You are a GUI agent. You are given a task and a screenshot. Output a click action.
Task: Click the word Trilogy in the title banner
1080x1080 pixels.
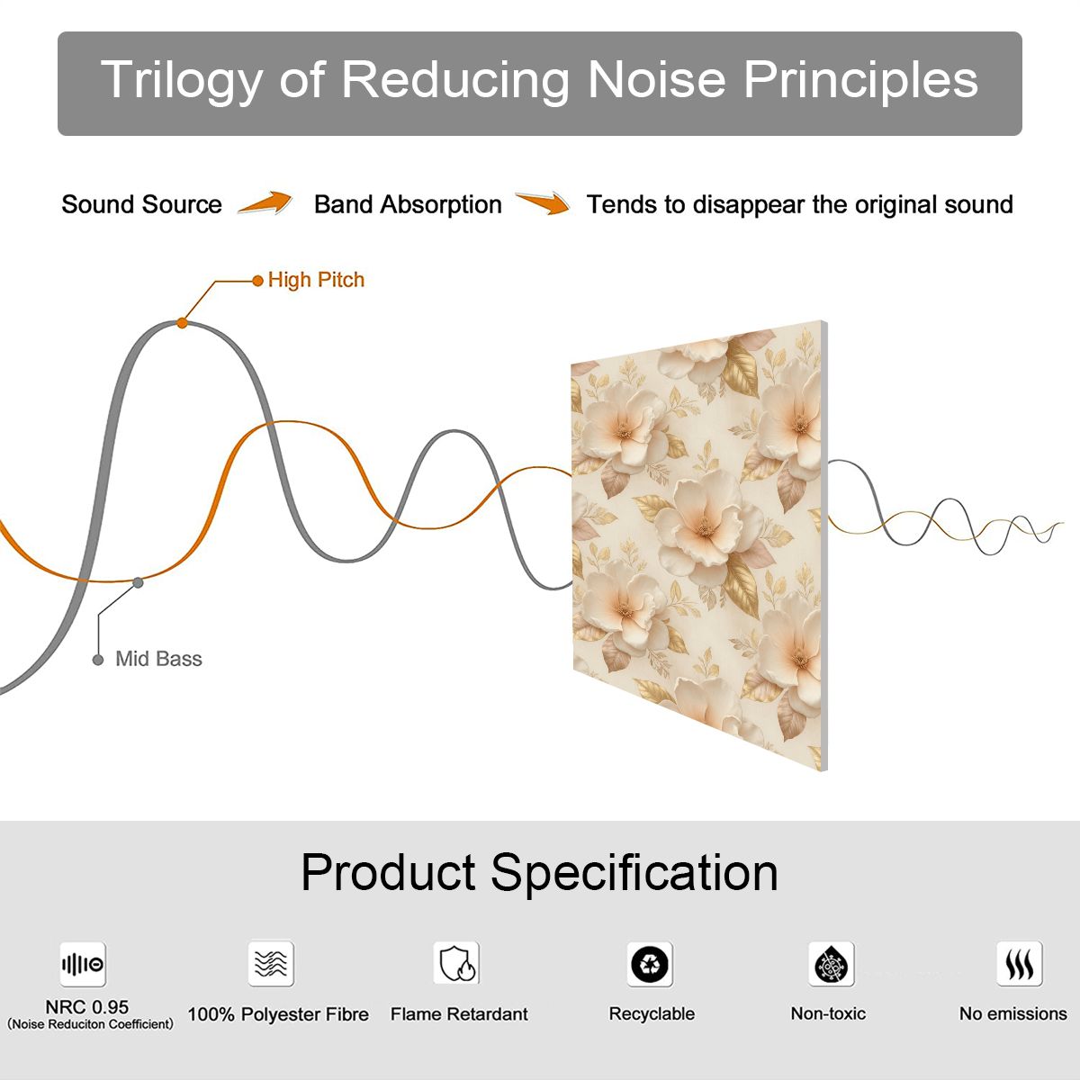tap(181, 81)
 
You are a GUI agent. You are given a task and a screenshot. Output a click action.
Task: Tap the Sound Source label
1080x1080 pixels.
tap(142, 204)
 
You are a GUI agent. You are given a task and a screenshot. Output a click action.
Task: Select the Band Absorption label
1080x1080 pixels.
tap(408, 204)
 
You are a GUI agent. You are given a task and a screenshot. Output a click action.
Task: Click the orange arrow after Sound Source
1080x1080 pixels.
tap(265, 202)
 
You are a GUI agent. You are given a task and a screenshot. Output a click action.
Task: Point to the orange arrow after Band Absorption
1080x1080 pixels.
tap(543, 202)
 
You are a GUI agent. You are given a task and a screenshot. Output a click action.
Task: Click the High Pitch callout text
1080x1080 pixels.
tap(316, 280)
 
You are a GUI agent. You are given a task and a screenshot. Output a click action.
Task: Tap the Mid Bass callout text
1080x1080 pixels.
tap(158, 659)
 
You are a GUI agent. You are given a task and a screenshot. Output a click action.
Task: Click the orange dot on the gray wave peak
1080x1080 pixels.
tap(182, 323)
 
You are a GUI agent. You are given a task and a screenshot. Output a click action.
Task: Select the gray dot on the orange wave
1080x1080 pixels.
tap(138, 583)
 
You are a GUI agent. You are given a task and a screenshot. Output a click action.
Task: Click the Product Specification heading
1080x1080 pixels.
tap(539, 872)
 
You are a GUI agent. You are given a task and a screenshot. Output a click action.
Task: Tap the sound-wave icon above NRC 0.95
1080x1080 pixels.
tap(83, 964)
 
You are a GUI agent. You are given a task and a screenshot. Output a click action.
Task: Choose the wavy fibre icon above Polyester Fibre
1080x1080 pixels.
tap(271, 963)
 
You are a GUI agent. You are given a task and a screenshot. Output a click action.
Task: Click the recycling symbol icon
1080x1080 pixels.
tap(650, 964)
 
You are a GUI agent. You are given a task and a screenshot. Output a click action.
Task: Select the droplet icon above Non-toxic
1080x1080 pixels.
tap(832, 964)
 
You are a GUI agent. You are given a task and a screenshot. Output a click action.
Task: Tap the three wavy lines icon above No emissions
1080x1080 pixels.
tap(1020, 964)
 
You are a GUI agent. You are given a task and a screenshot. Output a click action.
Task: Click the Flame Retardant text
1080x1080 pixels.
tap(459, 1014)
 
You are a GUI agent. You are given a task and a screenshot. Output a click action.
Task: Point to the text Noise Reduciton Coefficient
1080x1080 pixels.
tap(90, 1024)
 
